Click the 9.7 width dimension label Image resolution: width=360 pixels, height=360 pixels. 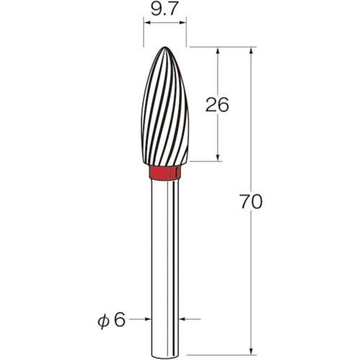[x=165, y=9]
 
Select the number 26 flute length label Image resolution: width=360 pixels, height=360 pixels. [x=217, y=105]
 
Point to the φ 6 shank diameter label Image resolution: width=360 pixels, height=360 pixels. [x=112, y=320]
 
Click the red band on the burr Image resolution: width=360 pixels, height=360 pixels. [x=165, y=172]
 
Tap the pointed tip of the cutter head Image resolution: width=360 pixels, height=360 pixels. [x=165, y=47]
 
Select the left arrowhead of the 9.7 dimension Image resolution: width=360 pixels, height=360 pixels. [x=147, y=23]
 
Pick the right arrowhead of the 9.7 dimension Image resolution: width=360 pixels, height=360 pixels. [x=183, y=23]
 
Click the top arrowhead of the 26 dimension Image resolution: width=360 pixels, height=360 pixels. [x=217, y=50]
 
